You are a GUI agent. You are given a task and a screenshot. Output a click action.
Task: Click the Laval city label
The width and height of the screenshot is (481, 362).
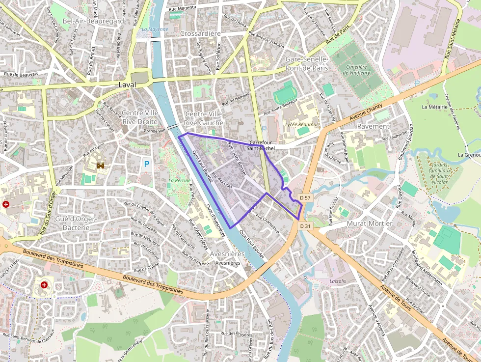click(127, 84)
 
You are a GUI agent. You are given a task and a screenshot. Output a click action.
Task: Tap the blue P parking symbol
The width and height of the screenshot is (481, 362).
click(146, 164)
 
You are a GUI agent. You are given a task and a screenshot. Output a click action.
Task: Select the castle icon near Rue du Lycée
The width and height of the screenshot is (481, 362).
click(102, 166)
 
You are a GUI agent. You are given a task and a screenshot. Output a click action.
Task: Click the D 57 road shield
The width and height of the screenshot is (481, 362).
click(305, 197)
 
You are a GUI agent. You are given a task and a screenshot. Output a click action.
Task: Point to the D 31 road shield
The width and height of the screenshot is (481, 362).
click(305, 225)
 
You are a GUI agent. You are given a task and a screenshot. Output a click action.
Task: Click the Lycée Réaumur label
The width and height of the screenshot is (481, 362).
click(301, 125)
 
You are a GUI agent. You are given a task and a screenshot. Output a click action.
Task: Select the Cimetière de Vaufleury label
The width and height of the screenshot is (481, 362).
click(356, 70)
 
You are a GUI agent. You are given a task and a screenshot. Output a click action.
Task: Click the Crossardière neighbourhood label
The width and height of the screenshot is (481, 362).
click(200, 33)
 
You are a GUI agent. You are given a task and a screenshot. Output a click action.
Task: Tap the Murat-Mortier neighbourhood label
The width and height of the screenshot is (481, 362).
click(369, 223)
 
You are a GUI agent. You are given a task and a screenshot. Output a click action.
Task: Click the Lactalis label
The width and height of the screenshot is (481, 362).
click(338, 281)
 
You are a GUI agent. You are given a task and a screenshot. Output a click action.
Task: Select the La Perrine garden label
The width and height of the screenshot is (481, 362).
click(179, 180)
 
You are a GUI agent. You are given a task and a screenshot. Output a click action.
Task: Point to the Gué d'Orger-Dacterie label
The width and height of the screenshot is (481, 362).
click(76, 223)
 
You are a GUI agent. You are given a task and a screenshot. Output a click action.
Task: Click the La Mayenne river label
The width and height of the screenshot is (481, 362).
click(154, 29)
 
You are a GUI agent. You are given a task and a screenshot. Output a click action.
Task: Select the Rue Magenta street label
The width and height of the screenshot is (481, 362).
click(182, 8)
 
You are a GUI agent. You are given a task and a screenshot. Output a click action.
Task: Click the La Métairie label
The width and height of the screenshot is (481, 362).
click(434, 107)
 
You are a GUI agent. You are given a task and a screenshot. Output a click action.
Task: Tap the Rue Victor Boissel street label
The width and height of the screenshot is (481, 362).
click(237, 160)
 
